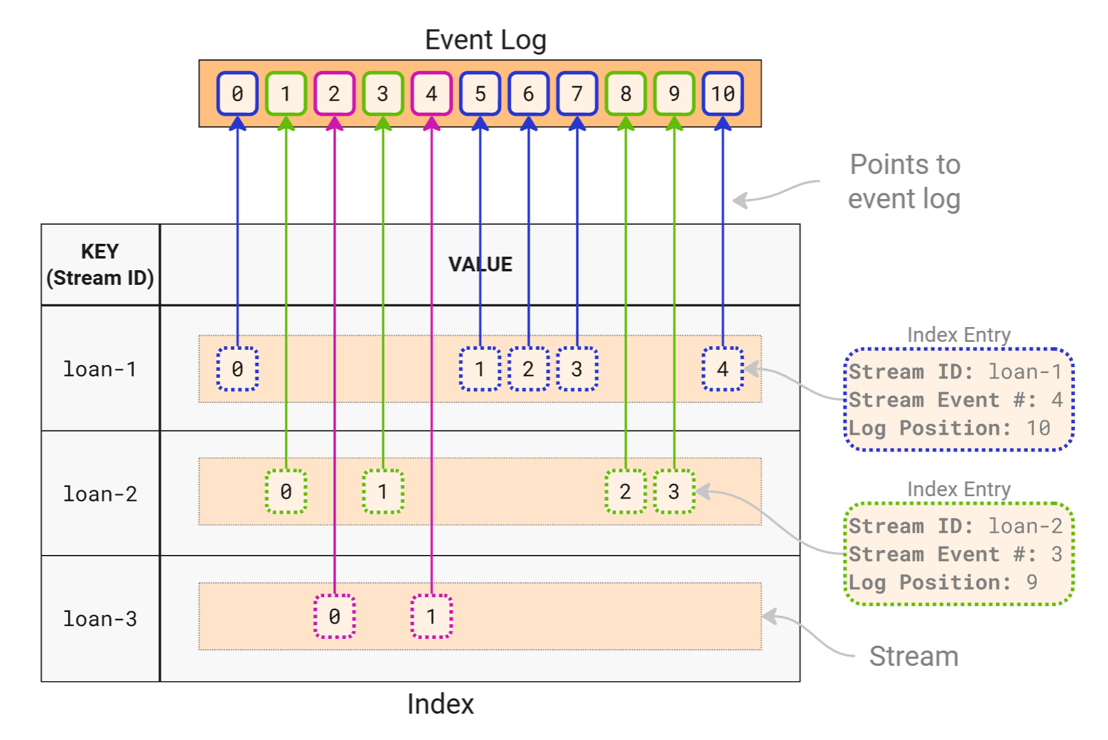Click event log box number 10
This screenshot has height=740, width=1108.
[723, 94]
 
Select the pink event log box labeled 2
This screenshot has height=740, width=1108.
[334, 94]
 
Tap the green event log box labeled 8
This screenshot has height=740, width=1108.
[625, 94]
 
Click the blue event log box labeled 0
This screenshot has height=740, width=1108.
[238, 94]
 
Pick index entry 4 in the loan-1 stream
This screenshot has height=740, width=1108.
[723, 369]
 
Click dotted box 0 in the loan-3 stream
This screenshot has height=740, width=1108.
[334, 616]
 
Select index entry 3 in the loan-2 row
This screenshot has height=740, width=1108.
[674, 491]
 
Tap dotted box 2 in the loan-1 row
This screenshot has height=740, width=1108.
[528, 369]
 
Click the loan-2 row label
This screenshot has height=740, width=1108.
[100, 494]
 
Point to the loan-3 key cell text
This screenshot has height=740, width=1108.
[100, 619]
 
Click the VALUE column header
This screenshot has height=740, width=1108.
[480, 264]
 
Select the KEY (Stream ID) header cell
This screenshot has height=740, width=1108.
[100, 265]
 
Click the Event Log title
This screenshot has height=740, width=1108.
[485, 40]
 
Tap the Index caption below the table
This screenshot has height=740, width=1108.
[440, 704]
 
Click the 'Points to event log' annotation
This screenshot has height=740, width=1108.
[904, 182]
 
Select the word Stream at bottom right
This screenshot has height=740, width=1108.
[913, 656]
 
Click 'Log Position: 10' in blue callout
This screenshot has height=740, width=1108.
[949, 428]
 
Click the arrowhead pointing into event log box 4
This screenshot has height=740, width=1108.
[432, 124]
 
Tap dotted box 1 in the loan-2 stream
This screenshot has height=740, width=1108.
[383, 491]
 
